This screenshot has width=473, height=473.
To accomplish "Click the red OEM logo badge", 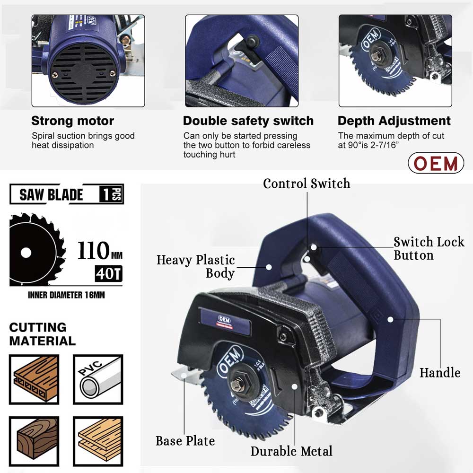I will click(436, 163).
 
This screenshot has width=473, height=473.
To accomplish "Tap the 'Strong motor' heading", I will click(72, 121).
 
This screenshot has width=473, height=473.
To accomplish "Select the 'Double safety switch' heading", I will click(248, 121).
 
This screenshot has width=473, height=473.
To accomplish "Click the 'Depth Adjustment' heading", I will click(394, 121).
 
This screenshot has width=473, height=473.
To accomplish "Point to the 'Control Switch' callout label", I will click(307, 184).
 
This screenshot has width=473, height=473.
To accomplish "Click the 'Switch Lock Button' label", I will click(429, 249).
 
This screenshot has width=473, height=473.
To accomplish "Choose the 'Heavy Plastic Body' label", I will click(196, 266).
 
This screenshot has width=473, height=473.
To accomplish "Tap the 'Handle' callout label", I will click(440, 373).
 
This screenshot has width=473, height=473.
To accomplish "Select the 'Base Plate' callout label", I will click(185, 441).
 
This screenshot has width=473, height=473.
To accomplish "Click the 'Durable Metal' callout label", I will click(291, 451).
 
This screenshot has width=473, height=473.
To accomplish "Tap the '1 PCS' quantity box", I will click(111, 194).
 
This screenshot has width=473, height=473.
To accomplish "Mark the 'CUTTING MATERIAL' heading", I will click(42, 334).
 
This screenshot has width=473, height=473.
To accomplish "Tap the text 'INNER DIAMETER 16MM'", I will click(66, 295).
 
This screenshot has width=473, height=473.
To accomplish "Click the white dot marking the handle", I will click(390, 319).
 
